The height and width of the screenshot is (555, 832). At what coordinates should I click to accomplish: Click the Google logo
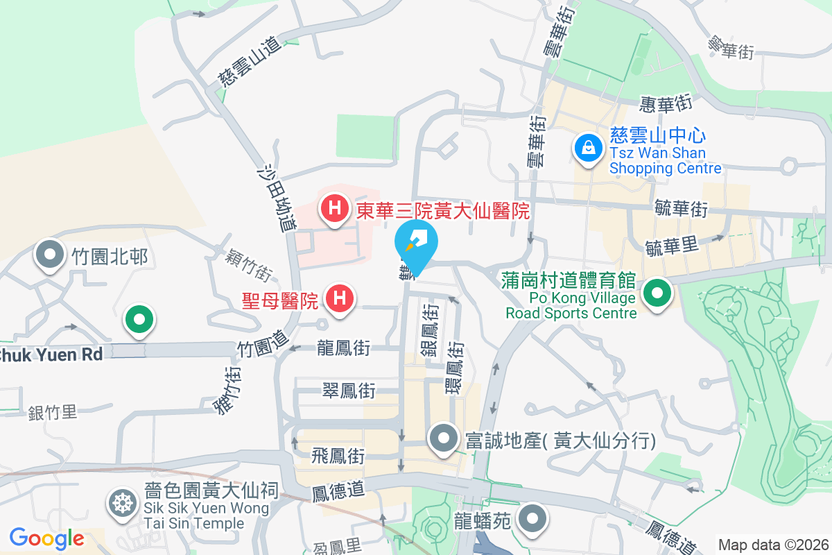[x=46, y=538]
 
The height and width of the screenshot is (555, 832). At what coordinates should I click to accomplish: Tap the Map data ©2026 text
[x=773, y=545]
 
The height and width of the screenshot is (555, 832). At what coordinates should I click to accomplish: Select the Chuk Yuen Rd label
[x=52, y=354]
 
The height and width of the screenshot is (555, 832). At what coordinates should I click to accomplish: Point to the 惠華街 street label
[x=667, y=103]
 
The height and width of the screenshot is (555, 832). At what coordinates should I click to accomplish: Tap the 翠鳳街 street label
[x=349, y=391]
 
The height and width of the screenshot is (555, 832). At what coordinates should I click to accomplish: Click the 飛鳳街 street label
[x=338, y=456]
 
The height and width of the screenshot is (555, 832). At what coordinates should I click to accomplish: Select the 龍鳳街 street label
[x=343, y=346]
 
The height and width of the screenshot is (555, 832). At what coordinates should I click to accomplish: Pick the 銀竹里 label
[x=53, y=413]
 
